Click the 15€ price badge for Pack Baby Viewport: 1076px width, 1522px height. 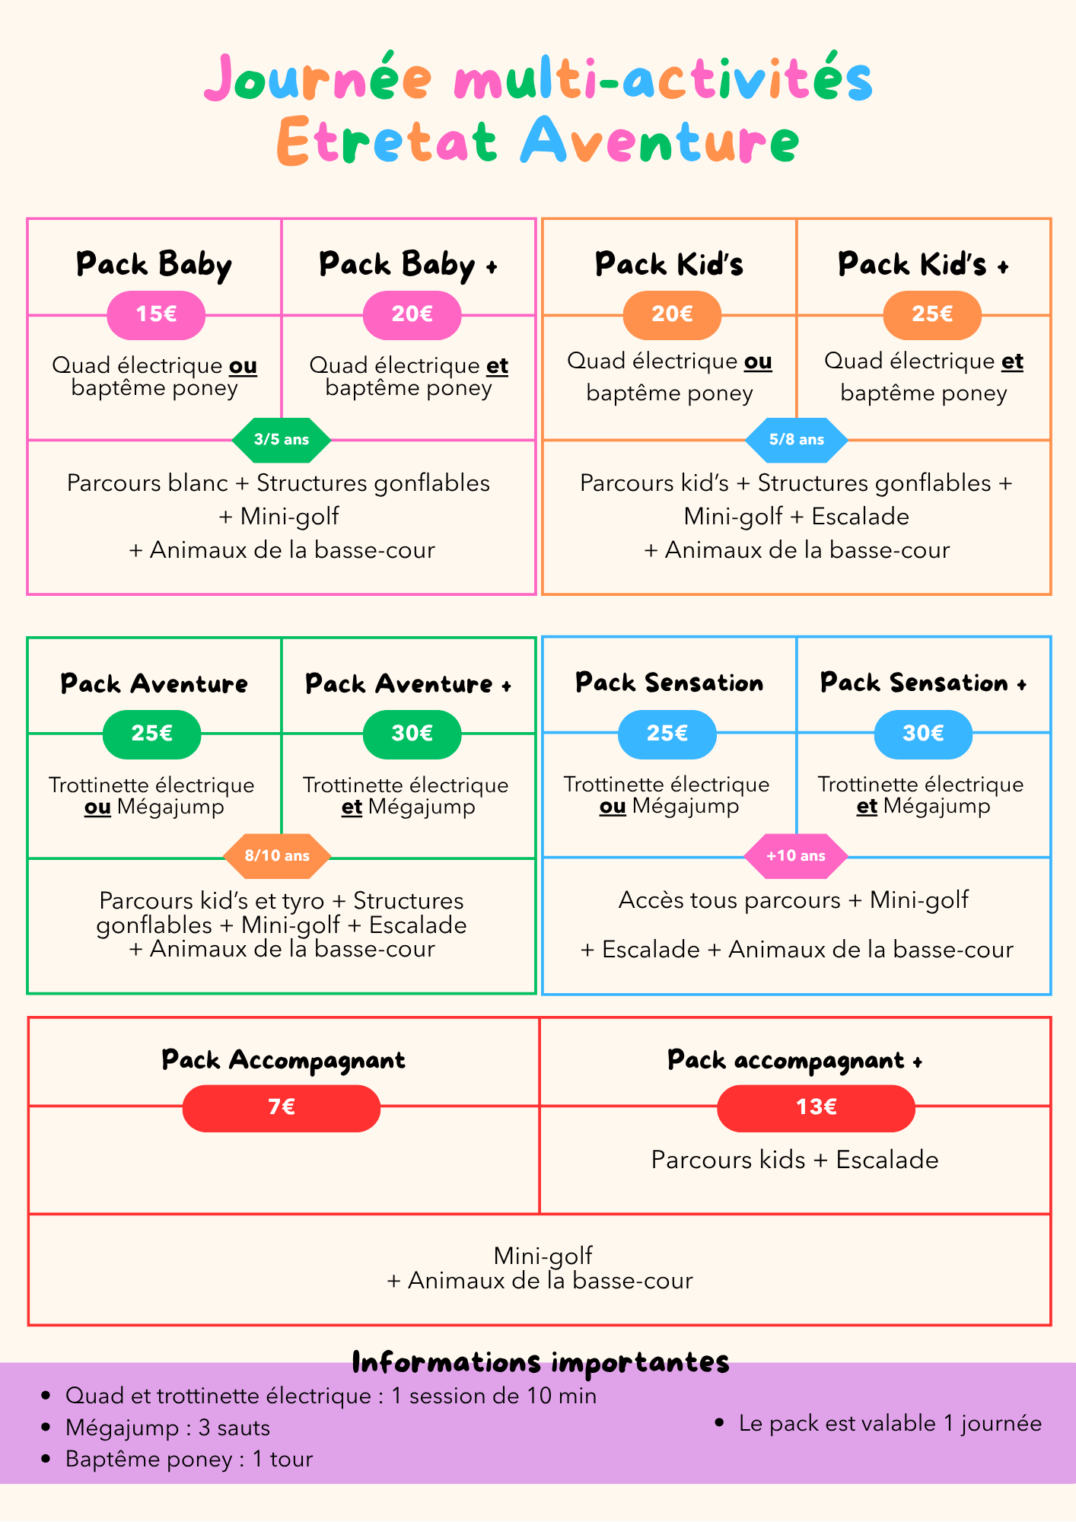point(156,314)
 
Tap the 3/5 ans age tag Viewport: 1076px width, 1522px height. point(282,439)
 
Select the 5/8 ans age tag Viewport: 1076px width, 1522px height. point(796,439)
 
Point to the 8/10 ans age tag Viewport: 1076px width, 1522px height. point(277,855)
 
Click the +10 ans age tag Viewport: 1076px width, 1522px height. point(796,855)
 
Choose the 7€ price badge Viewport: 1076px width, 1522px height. point(282,1106)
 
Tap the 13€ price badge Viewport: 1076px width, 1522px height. point(816,1106)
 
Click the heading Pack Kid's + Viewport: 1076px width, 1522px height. point(923,265)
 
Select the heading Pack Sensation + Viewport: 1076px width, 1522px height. point(923,683)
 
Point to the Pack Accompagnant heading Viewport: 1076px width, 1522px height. point(283,1060)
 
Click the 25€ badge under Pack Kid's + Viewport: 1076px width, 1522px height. point(932,314)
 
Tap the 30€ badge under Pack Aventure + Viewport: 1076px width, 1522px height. point(412,734)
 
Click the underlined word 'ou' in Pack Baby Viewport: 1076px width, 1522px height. point(244,366)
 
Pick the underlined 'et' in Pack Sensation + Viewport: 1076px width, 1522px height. point(867,807)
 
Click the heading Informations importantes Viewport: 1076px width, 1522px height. point(540,1362)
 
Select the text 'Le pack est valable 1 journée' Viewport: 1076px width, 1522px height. point(890,1423)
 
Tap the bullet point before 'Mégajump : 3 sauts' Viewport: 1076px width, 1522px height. point(47,1428)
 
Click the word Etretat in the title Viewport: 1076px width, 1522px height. point(387,142)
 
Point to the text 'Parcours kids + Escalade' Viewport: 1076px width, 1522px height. point(794,1160)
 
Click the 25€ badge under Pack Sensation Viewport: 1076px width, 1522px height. point(667,734)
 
